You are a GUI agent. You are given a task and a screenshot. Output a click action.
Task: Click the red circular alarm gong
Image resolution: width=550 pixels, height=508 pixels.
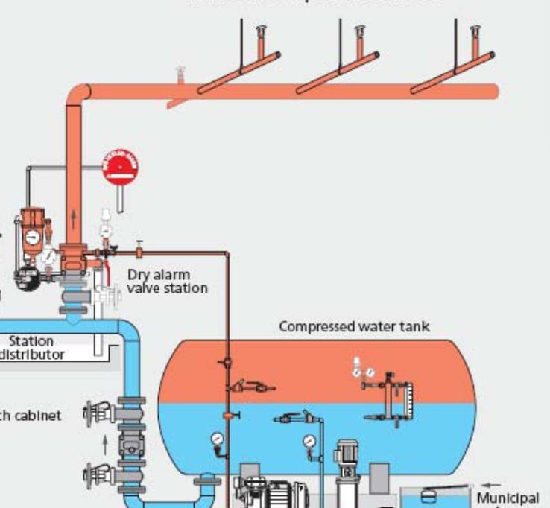pos(121,169)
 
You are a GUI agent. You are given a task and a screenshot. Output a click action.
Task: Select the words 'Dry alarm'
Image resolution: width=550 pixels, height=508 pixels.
pos(158,275)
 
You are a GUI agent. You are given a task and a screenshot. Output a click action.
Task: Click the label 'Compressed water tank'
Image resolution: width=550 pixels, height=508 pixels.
pos(354,326)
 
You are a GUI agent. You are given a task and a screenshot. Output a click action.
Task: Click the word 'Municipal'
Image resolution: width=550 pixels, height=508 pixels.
pos(508,497)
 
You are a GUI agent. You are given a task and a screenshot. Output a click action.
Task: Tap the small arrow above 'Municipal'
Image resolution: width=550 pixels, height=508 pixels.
pos(491,485)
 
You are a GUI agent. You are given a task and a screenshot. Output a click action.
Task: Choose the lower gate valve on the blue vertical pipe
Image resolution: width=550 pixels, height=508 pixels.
pos(99,474)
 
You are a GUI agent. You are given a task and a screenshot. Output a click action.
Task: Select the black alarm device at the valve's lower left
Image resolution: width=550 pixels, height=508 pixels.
pos(27,278)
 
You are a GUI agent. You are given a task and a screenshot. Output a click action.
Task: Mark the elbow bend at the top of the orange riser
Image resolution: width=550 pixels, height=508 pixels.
pos(78,94)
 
